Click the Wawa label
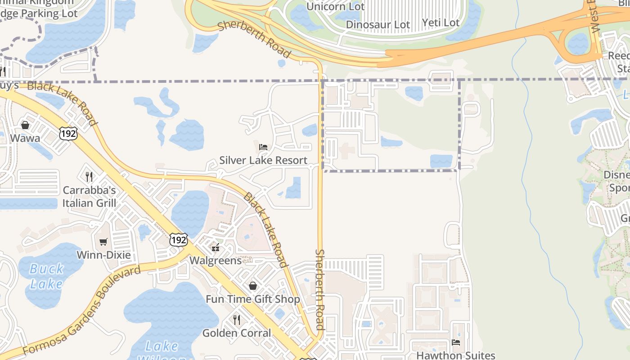25,138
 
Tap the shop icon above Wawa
25,125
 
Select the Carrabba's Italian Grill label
89,197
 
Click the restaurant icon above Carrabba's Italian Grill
89,176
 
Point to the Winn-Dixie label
103,255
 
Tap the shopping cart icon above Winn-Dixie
103,242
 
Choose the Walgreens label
216,261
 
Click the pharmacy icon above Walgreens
216,247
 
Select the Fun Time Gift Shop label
253,299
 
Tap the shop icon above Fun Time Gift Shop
253,286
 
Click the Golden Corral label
237,333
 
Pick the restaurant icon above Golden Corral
237,319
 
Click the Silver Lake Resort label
263,160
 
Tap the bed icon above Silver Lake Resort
263,147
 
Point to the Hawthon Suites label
455,355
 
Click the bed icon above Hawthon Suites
456,342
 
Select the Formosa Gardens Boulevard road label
81,310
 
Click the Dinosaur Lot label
378,25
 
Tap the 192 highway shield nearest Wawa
68,133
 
